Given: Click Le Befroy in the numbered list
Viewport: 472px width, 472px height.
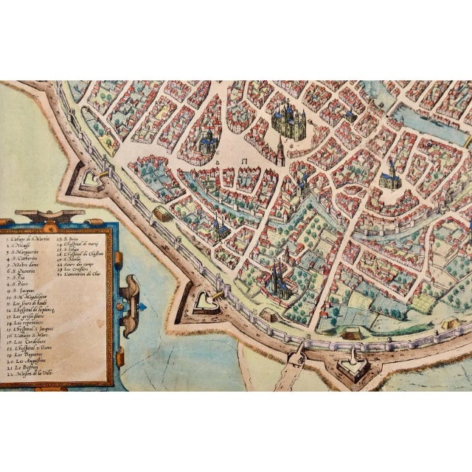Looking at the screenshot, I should [24, 369].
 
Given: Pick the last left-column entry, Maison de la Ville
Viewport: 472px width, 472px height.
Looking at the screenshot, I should [29, 375].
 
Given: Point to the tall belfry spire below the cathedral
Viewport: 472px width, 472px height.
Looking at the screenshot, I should [280, 151].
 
